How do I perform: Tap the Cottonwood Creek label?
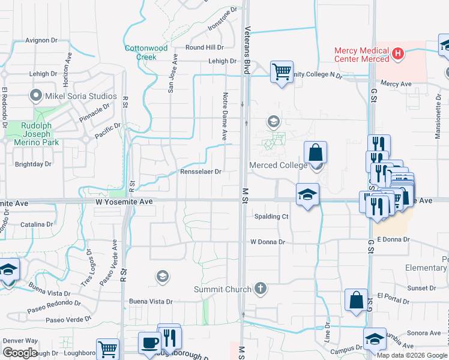(x=146, y=52)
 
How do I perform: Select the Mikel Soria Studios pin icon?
(x=36, y=96)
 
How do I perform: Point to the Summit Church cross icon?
(x=260, y=289)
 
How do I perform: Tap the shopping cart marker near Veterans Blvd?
(x=282, y=73)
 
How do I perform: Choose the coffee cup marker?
(x=149, y=343)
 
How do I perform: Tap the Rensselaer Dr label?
(x=201, y=172)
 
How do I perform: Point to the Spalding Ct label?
(x=271, y=217)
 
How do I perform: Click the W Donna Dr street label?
(x=268, y=242)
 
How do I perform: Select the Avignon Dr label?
(x=41, y=41)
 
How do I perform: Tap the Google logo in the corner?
(x=20, y=353)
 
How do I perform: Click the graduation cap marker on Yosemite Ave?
(x=307, y=194)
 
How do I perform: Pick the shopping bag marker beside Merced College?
(x=315, y=153)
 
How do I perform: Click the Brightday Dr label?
(x=32, y=164)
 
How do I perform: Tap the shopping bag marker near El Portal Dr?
(x=356, y=300)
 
